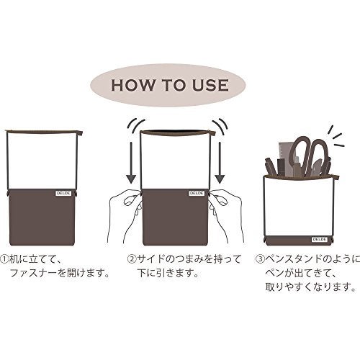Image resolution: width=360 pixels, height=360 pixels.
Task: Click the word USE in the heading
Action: click(x=210, y=85)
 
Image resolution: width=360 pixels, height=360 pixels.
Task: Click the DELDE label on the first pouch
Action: click(x=63, y=193)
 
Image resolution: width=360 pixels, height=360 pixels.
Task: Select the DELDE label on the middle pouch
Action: click(x=197, y=193)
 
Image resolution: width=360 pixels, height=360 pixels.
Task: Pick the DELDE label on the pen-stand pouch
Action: click(x=320, y=239)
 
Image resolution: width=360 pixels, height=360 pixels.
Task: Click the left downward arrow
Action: click(x=131, y=163)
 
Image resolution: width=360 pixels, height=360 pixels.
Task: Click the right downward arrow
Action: click(x=220, y=163)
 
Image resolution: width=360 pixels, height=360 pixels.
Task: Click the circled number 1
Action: click(x=4, y=259)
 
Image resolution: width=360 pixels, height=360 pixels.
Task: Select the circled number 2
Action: click(x=132, y=259)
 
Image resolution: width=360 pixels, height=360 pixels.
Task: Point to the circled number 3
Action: click(x=259, y=259)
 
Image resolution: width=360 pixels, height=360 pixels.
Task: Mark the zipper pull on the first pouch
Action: click(x=81, y=132)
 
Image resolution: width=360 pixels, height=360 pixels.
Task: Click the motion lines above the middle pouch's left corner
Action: click(x=136, y=125)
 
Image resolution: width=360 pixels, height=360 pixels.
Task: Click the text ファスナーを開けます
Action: click(x=60, y=273)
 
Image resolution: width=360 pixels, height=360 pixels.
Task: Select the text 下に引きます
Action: click(x=168, y=273)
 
